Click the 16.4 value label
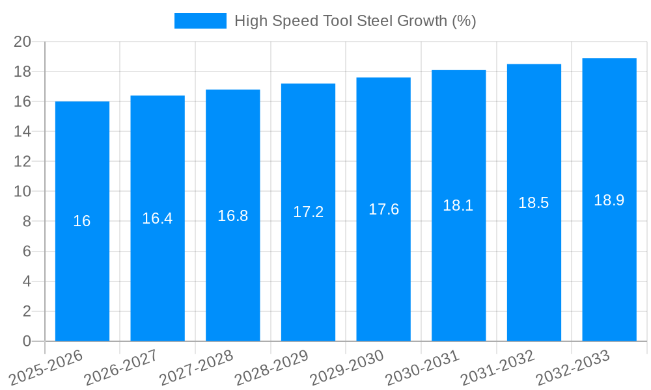tap(158, 218)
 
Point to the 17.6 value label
tap(384, 209)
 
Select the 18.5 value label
tap(534, 203)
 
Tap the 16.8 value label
tap(233, 216)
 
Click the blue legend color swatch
tap(200, 21)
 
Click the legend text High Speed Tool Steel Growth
tap(355, 21)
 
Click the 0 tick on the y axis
tap(27, 341)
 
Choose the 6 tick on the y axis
tap(27, 252)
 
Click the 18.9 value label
tap(609, 200)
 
